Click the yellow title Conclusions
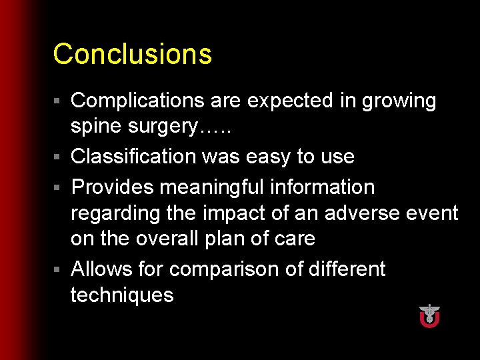tap(132, 54)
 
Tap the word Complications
tap(135, 101)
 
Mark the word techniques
tap(122, 295)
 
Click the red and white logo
tap(429, 315)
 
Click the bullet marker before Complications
tap(58, 101)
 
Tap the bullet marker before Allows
tap(58, 269)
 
